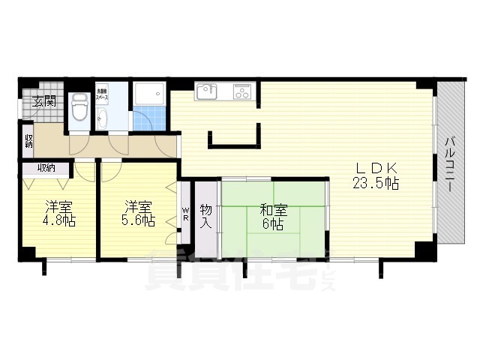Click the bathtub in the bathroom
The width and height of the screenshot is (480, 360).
150,94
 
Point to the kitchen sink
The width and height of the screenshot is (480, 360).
206,91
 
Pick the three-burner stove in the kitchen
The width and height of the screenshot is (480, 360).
241,92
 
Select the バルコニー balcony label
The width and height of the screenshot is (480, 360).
448,165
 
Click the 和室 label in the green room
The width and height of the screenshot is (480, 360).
272,209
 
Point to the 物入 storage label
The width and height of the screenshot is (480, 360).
206,215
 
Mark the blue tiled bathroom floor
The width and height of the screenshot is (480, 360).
149,119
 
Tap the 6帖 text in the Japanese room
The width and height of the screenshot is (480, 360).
272,223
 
